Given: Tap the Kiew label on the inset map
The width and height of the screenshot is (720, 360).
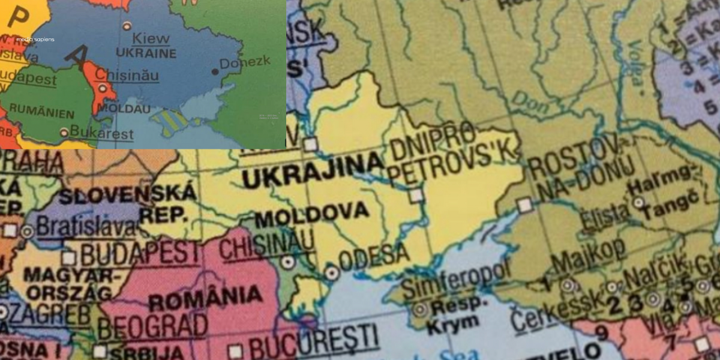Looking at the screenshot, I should (x=151, y=38).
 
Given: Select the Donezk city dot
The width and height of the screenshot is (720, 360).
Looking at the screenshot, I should (x=215, y=71).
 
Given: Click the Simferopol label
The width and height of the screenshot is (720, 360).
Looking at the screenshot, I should (x=455, y=280).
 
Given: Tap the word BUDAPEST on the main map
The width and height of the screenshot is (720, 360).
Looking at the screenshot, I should (x=139, y=254).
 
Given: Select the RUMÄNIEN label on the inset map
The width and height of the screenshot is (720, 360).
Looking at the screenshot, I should (x=43, y=113).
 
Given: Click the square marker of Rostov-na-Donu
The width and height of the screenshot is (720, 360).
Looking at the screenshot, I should (x=525, y=205).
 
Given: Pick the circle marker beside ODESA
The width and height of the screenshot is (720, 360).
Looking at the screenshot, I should (x=332, y=273).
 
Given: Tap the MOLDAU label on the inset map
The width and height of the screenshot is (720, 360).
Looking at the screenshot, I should (x=123, y=109).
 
